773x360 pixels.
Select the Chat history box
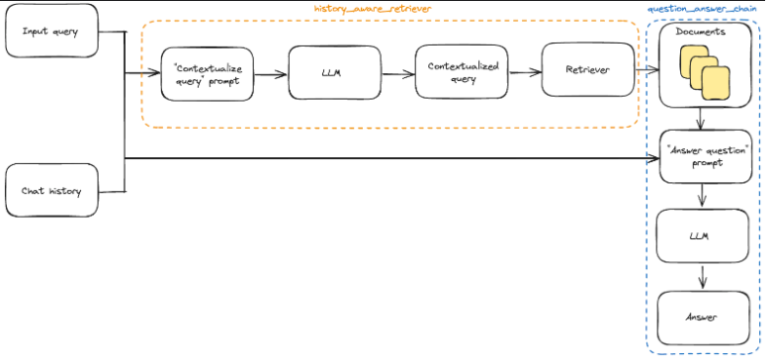[x=52, y=191]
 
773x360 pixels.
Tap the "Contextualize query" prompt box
[x=208, y=73]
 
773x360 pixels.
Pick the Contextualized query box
[x=454, y=72]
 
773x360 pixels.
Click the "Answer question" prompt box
[x=704, y=156]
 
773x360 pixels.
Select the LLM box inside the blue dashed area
[x=703, y=236]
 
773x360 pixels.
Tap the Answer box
[x=703, y=317]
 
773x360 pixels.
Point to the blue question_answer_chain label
[x=709, y=8]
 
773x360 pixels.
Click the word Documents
[x=701, y=33]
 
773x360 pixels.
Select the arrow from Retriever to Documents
[x=645, y=70]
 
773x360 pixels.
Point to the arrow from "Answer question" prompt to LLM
[x=703, y=197]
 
